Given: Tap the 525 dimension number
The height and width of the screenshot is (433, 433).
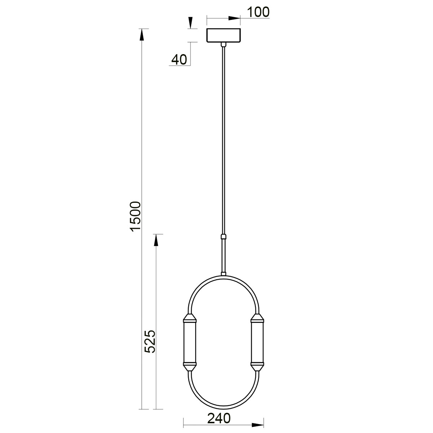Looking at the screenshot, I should click(150, 341).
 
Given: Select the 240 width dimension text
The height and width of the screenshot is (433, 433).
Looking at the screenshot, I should click(219, 419).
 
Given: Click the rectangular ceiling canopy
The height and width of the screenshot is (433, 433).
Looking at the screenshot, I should click(224, 35).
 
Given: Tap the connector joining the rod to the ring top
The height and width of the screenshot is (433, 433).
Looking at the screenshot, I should click(224, 274).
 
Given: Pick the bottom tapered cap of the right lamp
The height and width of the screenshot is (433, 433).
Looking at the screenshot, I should click(257, 367).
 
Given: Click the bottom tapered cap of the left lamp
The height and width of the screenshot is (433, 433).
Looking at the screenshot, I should click(190, 367).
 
